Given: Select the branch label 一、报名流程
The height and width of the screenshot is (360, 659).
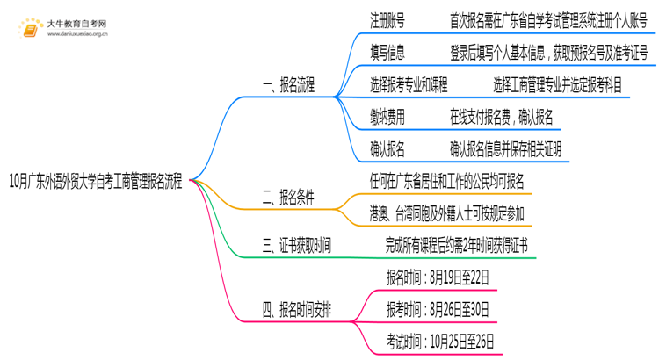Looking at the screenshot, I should (x=288, y=85).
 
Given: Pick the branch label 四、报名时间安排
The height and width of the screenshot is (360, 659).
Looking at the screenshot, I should (x=297, y=309).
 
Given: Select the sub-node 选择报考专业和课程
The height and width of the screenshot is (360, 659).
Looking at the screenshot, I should (x=409, y=85).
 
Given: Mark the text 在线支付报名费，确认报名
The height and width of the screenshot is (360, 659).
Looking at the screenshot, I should (x=501, y=117).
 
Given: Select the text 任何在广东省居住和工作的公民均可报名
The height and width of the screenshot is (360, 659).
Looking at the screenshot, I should (x=447, y=182).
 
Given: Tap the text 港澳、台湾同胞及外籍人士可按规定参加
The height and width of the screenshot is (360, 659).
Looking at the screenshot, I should (x=447, y=212).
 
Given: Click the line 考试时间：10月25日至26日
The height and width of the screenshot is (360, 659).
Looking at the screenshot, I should (x=440, y=341).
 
